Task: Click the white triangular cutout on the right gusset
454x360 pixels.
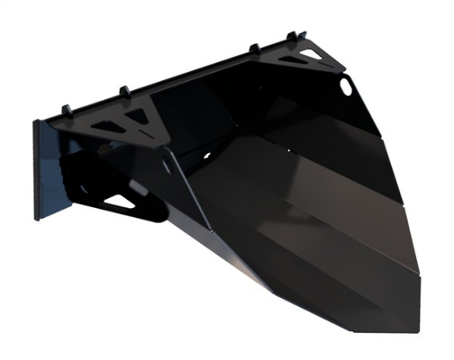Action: (x=312, y=54)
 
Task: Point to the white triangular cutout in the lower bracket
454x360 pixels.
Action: (x=121, y=201)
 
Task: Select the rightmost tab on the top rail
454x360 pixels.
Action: (x=291, y=36)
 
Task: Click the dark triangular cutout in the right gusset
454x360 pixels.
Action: (x=289, y=61)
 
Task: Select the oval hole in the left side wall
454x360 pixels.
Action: (x=168, y=166)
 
